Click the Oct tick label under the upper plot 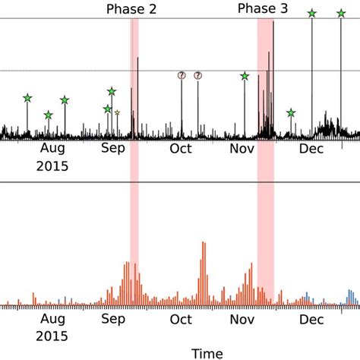click(180, 149)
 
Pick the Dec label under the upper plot click(311, 149)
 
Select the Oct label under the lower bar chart click(180, 320)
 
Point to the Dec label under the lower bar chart click(311, 320)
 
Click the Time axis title click(207, 352)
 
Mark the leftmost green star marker click(27, 98)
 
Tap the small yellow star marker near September click(117, 112)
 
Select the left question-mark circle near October click(182, 75)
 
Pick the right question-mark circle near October click(197, 75)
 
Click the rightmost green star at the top click(341, 13)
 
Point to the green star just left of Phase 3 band click(245, 76)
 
